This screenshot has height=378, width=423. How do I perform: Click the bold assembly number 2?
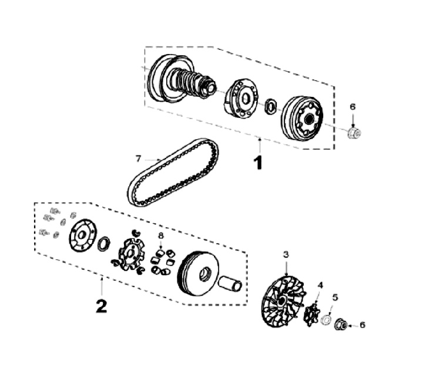pos(101,306)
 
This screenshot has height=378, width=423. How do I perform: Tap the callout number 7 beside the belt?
pos(139,158)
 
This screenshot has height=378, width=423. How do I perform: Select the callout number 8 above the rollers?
pos(160,235)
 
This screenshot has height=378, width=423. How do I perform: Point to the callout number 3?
pos(286,255)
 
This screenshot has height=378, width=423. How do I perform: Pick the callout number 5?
pos(335,297)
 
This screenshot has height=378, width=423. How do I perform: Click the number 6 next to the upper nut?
pos(352,107)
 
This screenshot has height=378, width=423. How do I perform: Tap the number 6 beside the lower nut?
pos(362,325)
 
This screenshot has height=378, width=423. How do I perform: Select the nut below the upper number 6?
pos(354,133)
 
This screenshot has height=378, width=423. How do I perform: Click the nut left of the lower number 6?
pos(341,323)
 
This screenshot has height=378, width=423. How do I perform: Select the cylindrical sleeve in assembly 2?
pos(230,283)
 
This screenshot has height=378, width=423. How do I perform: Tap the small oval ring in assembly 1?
pos(271,106)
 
